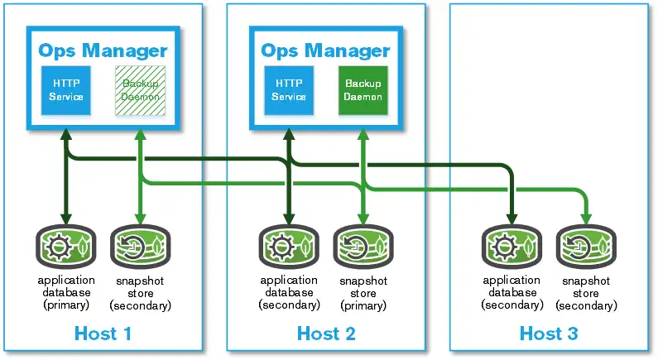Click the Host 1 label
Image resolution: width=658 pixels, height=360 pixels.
coord(103,334)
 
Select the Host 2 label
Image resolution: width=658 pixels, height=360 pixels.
coord(326,334)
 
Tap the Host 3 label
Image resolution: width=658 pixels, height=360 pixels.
coord(549,334)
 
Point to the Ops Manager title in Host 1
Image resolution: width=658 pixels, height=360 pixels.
coord(103,50)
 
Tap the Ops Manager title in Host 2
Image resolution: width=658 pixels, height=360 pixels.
coord(326,50)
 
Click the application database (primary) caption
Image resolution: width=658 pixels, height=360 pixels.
coord(65,292)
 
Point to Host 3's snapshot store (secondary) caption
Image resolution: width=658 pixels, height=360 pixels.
coord(586,293)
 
